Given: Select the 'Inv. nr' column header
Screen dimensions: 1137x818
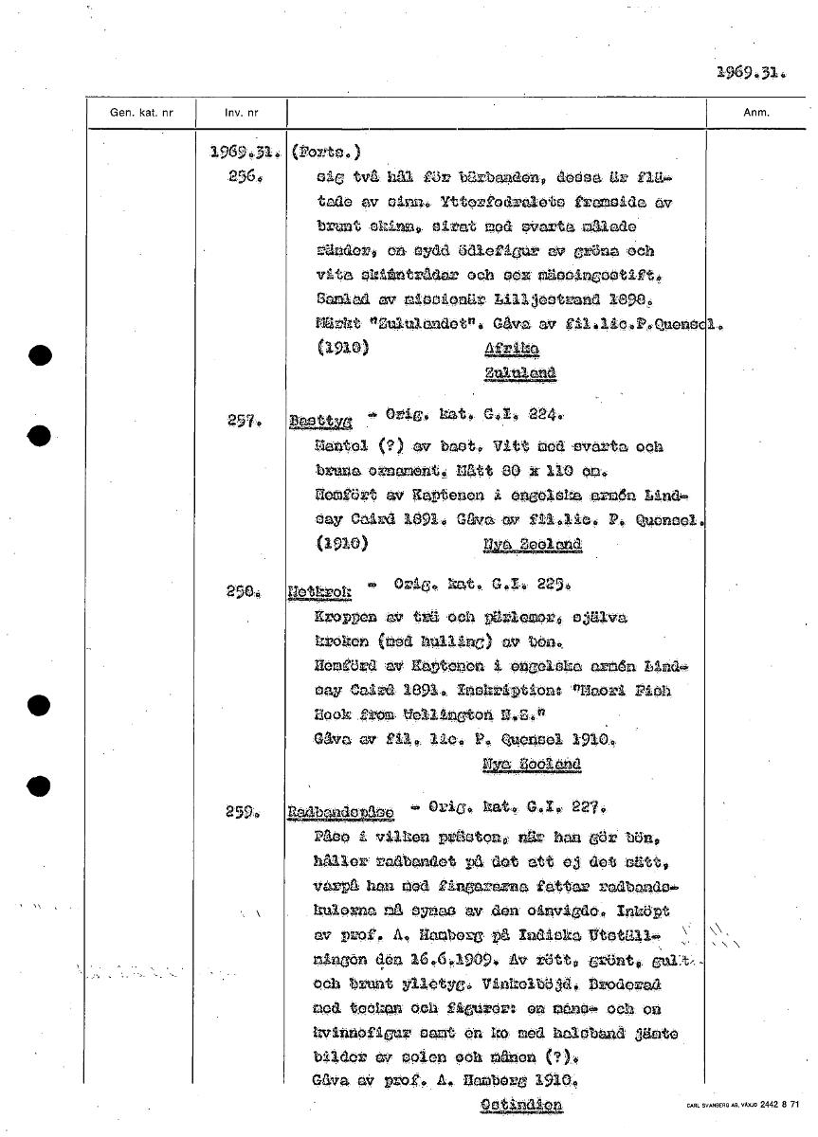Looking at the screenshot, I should (241, 113).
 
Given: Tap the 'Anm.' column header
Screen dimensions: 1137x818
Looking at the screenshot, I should (755, 113).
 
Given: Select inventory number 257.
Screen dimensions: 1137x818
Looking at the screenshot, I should (245, 423).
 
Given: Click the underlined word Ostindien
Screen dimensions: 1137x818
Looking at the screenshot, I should (520, 1105).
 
